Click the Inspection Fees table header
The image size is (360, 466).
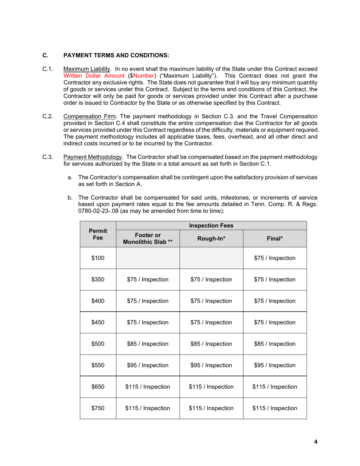211,226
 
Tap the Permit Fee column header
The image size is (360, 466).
98,234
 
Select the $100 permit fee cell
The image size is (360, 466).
98,258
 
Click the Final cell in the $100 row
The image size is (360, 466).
275,258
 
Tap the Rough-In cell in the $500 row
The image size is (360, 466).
211,344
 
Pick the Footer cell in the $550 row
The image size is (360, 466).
148,366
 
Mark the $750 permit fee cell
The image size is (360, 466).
98,408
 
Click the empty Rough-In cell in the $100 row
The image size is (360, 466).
211,258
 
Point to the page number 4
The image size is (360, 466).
316,441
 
